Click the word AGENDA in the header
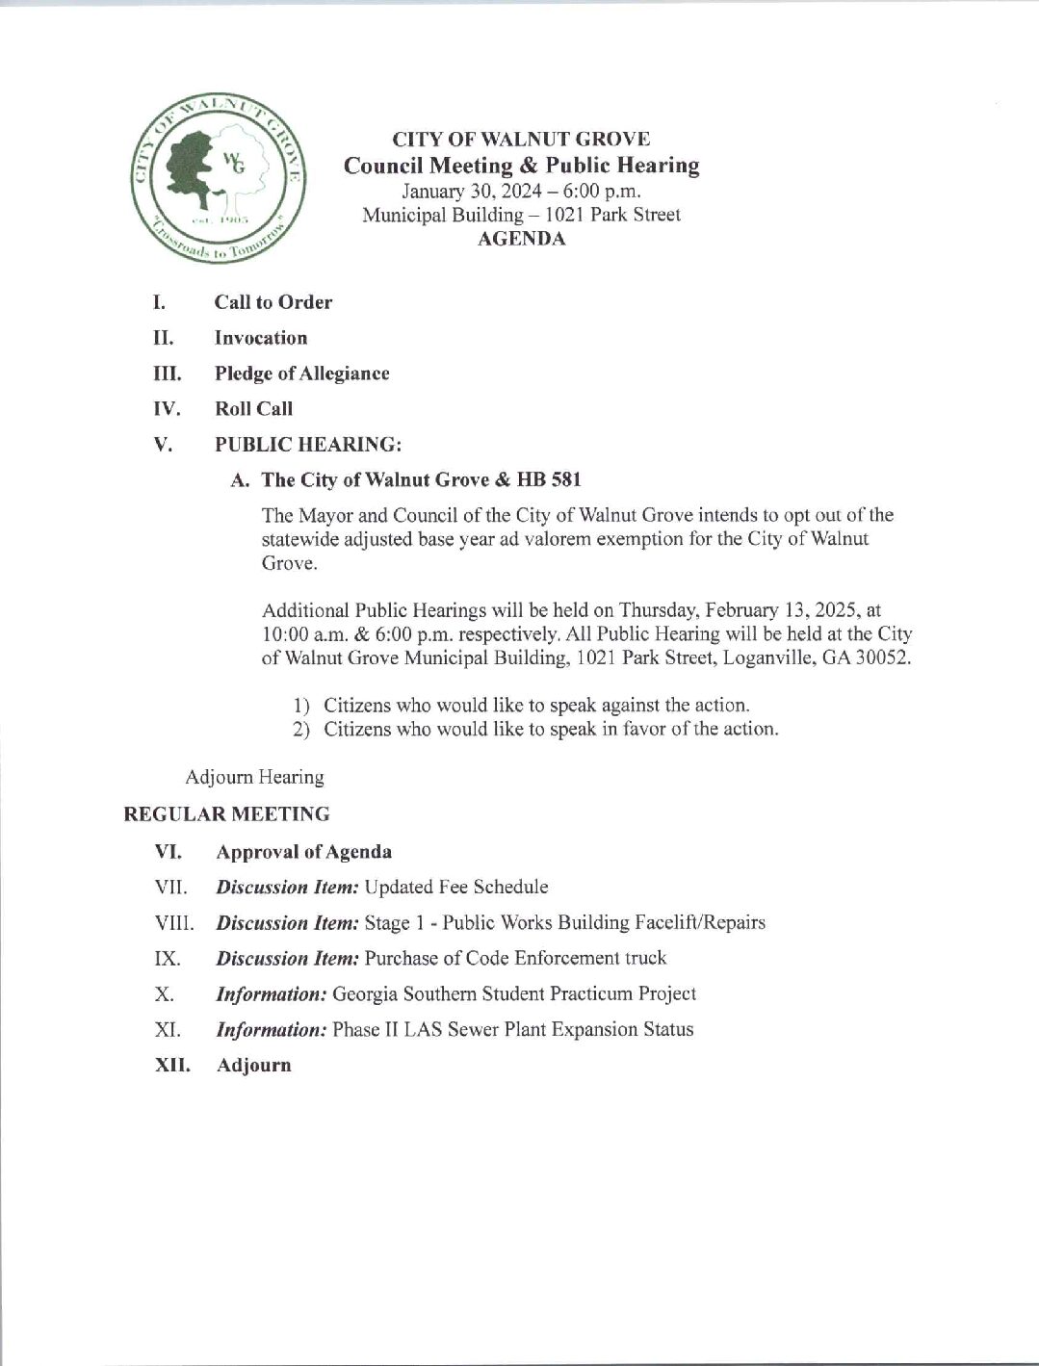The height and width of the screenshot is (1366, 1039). coord(521,239)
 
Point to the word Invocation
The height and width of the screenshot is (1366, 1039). coord(261,338)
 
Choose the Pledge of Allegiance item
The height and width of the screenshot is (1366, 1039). coord(301,374)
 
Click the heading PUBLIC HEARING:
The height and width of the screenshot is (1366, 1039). coord(307,445)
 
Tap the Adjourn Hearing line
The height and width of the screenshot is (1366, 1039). coord(254,777)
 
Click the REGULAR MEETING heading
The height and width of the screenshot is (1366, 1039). coord(226,814)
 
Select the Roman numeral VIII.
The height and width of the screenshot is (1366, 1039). coord(173,923)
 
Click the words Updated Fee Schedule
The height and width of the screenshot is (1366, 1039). coord(457,887)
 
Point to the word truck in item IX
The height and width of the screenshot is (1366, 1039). coord(646,958)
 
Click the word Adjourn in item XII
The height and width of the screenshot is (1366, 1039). coord(254,1065)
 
